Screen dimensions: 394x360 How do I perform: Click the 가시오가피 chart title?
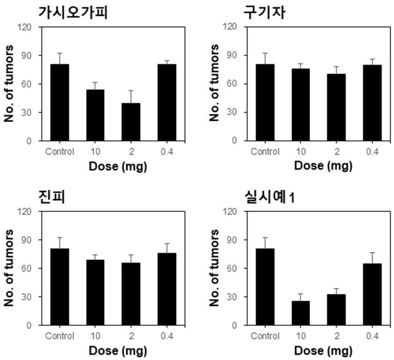point(73,13)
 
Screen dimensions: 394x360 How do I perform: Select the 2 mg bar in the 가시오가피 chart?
point(131,122)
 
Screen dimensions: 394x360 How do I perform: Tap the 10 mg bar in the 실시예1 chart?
point(301,313)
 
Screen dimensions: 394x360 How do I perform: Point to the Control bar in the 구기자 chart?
point(265,102)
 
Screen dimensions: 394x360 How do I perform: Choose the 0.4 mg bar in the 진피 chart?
point(167,289)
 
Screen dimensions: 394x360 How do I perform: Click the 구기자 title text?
point(264,13)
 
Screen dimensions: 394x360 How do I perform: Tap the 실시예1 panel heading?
point(270,197)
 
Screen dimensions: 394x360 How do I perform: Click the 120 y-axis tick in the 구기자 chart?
point(230,27)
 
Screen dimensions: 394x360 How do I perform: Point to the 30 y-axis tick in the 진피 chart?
point(27,297)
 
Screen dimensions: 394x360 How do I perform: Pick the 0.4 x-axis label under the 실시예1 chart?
point(372,336)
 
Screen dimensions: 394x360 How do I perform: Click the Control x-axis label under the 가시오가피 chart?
point(60,151)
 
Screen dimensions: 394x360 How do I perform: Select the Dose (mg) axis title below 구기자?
point(323,166)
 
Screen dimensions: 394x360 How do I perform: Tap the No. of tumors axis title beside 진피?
point(9,268)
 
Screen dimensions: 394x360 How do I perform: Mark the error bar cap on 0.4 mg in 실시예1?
point(372,252)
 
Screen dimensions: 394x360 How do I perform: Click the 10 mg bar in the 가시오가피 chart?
point(95,115)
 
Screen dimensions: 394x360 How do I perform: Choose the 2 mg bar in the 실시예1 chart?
point(336,310)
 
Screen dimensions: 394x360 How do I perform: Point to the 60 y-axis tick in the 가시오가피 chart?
point(27,84)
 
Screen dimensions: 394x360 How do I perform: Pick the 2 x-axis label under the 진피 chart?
point(131,336)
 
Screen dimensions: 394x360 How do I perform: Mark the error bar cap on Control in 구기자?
point(265,53)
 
